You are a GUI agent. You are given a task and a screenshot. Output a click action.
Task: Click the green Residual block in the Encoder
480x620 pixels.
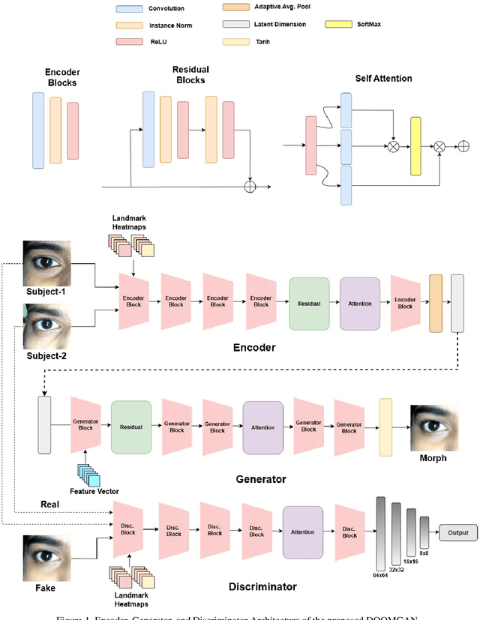coord(309,304)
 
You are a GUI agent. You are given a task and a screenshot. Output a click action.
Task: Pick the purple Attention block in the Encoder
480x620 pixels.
coord(359,304)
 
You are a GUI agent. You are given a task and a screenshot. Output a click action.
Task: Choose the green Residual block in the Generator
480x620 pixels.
coord(130,427)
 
